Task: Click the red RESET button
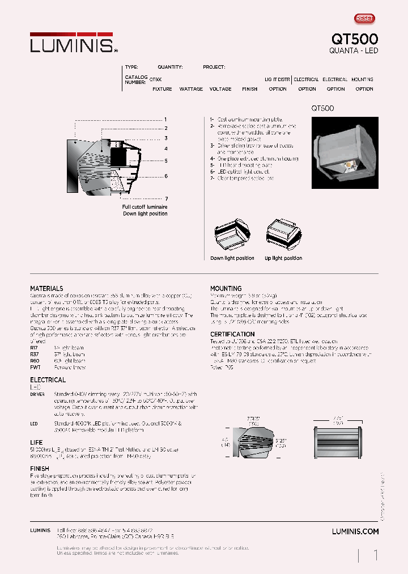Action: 364,19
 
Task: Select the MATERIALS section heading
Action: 46,289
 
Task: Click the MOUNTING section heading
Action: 226,289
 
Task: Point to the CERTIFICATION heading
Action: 232,334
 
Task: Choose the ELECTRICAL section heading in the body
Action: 48,380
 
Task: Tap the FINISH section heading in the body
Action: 40,469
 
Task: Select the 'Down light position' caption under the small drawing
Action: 232,258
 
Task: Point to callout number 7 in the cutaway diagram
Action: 166,199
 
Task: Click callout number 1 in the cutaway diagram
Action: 165,120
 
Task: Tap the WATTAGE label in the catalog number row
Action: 191,89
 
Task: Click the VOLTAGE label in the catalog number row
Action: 220,89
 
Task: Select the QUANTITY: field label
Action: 170,67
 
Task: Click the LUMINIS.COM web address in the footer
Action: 355,531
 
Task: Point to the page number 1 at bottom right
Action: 375,555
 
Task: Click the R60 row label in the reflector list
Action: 35,361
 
